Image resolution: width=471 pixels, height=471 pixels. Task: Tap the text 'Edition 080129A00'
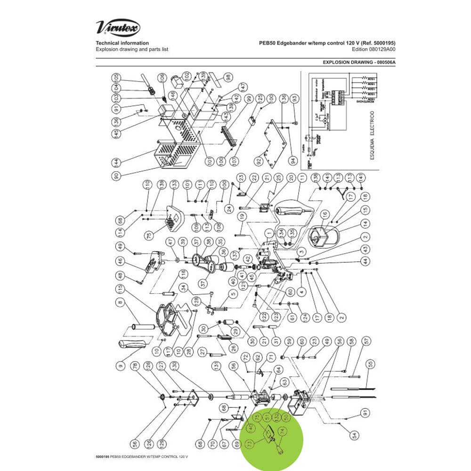(x=372, y=49)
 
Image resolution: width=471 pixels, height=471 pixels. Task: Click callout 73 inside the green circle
(x=249, y=443)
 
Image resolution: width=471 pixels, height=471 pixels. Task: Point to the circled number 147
(x=243, y=87)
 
